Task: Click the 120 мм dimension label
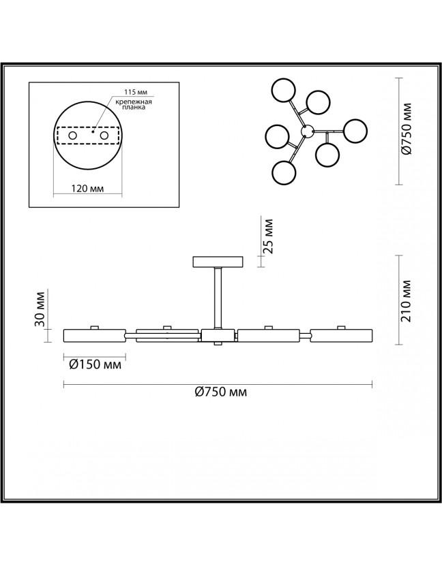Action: (87, 188)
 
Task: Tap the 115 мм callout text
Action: (136, 93)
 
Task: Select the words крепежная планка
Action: (134, 104)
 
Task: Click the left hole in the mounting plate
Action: (73, 136)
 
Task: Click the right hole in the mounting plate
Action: (104, 136)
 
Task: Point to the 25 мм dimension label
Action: (269, 236)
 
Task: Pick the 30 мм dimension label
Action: (40, 309)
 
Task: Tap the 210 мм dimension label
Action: (406, 300)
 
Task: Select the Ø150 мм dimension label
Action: (95, 364)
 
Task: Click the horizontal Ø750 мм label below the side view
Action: (221, 392)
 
